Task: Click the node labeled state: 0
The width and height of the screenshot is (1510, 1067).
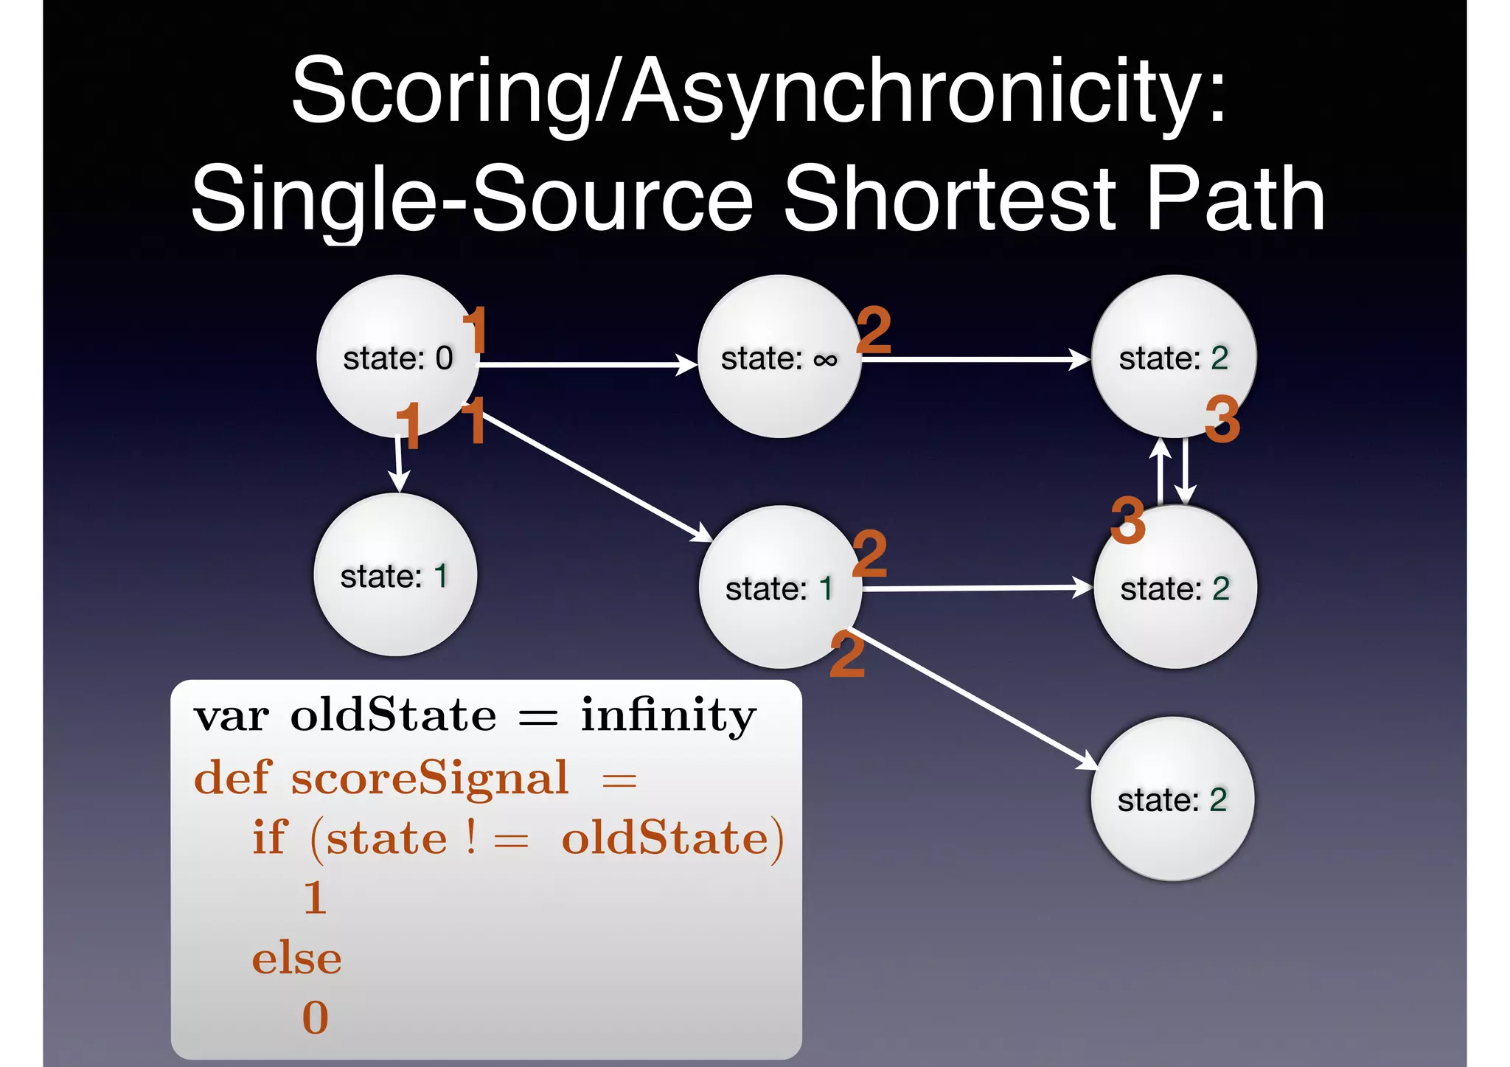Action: tap(397, 357)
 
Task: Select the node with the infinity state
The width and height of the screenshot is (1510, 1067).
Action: tap(779, 357)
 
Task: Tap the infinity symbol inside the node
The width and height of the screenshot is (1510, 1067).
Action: tap(825, 360)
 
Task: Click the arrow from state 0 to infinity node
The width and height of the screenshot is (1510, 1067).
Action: tap(586, 364)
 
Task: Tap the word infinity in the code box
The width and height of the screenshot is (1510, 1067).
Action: tap(668, 715)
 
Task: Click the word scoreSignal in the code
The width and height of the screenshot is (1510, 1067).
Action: tap(430, 777)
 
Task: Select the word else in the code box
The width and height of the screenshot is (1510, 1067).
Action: tap(296, 959)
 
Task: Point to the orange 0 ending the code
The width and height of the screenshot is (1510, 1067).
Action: tap(315, 1018)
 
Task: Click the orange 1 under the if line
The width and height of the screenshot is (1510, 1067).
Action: tap(315, 897)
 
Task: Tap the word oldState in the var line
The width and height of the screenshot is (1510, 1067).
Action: tap(393, 715)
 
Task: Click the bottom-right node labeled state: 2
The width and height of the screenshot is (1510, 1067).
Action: tap(1172, 799)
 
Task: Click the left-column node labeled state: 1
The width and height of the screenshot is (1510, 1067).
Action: tap(395, 575)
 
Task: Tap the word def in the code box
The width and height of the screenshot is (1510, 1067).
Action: tap(232, 777)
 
